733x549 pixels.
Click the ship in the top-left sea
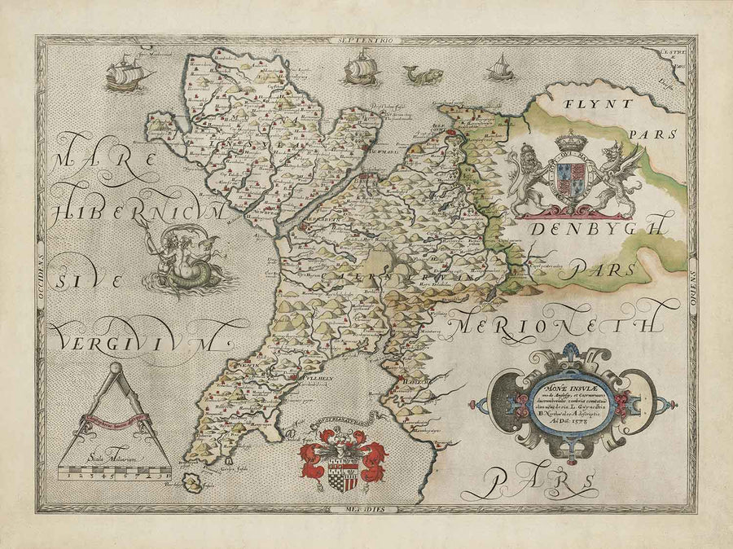tap(127, 73)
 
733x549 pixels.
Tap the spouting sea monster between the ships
tap(422, 76)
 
